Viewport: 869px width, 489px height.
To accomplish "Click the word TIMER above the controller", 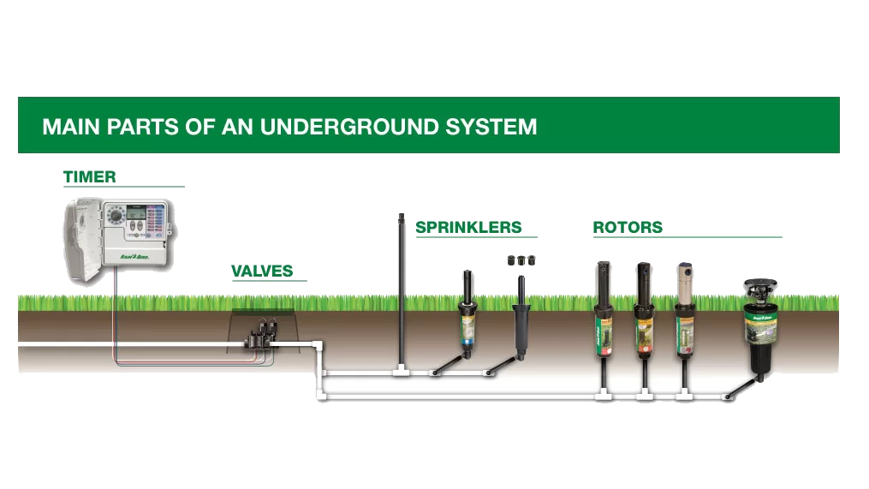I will click(x=89, y=177).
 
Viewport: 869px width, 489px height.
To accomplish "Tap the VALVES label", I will click(x=261, y=271).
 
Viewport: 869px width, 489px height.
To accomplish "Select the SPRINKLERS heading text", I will click(x=467, y=228).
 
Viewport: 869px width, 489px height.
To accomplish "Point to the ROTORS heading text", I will click(x=627, y=228).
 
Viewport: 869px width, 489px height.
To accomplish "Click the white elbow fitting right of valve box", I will click(x=317, y=344).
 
